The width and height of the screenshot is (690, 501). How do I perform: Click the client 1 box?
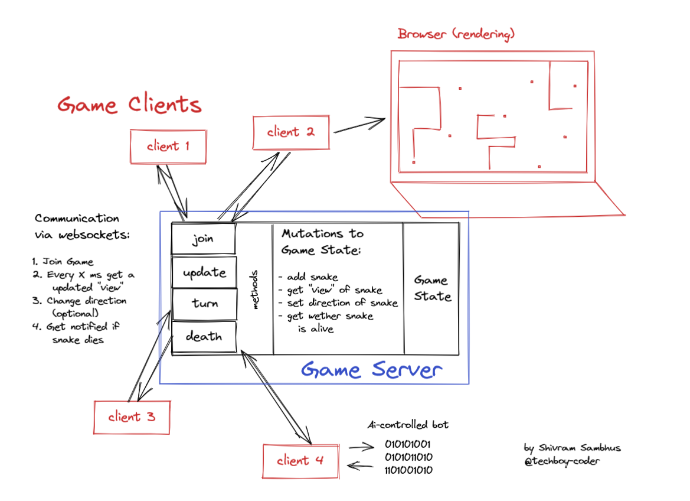tap(168, 147)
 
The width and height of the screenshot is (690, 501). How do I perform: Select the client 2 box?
tap(291, 132)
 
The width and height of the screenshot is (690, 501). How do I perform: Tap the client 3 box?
tap(132, 417)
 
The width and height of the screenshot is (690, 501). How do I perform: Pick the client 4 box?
tap(301, 461)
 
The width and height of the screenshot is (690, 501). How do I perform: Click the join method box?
tap(203, 239)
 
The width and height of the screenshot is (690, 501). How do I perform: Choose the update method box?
tap(204, 272)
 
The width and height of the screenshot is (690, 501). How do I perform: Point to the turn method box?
tap(204, 304)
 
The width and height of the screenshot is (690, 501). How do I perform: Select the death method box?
tap(204, 337)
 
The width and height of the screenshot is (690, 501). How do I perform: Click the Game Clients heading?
tap(129, 105)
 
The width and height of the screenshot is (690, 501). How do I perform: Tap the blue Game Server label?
tap(371, 370)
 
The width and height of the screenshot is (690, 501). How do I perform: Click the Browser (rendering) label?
tap(456, 34)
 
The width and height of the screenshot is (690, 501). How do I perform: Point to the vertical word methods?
tap(255, 290)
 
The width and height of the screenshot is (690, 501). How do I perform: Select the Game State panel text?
tap(431, 288)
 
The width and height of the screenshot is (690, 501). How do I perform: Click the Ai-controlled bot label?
tap(408, 425)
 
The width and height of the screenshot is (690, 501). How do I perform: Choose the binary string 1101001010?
tap(408, 470)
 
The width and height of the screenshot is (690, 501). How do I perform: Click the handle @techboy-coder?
tap(561, 461)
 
